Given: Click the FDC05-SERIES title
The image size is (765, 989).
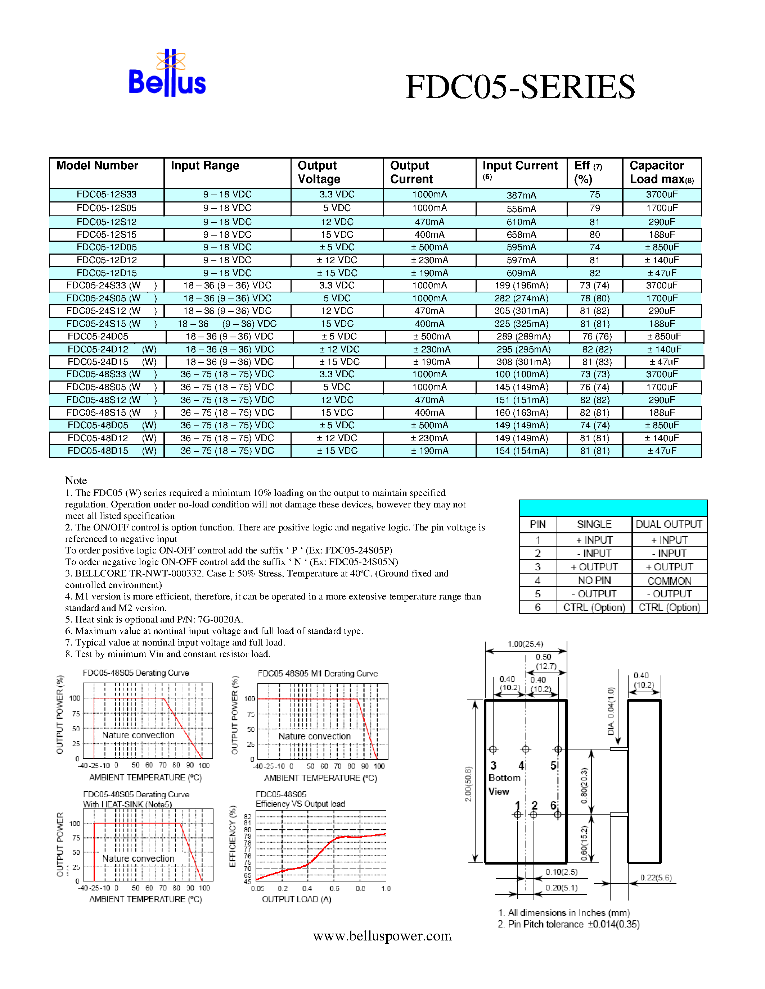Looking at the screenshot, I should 520,87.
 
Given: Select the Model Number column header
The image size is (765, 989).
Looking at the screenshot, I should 97,166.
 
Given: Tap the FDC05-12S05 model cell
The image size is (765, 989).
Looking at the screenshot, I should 107,208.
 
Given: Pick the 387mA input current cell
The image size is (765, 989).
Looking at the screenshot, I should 521,195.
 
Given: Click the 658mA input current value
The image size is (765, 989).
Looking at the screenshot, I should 521,234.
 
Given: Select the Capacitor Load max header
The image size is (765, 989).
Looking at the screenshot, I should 661,173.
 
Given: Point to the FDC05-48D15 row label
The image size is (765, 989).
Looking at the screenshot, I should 98,451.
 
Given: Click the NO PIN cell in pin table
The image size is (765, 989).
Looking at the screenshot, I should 594,580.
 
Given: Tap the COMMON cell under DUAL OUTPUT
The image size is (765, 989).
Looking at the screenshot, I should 669,581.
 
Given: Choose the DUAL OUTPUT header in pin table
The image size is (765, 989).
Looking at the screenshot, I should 669,524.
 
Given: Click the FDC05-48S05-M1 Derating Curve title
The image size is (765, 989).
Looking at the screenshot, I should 317,673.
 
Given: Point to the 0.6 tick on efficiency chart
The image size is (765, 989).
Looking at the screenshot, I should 334,888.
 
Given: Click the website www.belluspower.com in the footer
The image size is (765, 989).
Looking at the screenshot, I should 382,936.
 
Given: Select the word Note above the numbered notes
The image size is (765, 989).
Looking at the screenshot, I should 76,480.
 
